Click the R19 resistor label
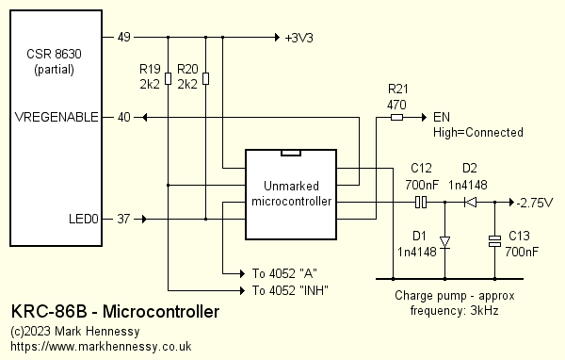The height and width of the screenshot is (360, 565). click(x=149, y=70)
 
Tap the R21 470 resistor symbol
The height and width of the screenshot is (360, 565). click(x=396, y=118)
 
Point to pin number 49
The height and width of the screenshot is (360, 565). click(x=123, y=39)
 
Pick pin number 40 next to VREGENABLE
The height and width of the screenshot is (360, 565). click(x=123, y=118)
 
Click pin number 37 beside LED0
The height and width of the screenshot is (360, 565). click(x=123, y=220)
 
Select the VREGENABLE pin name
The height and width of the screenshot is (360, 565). click(x=56, y=118)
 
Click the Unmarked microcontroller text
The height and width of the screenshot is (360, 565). click(x=291, y=193)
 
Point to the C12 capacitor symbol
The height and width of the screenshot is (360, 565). click(x=423, y=202)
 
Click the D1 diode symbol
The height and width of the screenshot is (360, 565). click(x=444, y=241)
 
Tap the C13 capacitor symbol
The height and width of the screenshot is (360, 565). click(x=494, y=242)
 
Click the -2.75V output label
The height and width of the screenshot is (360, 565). click(x=535, y=203)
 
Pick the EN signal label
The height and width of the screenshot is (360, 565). click(x=441, y=118)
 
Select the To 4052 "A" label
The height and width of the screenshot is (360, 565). click(x=285, y=273)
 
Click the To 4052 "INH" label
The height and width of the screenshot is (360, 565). click(x=290, y=289)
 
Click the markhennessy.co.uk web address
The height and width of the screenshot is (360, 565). click(x=101, y=347)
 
